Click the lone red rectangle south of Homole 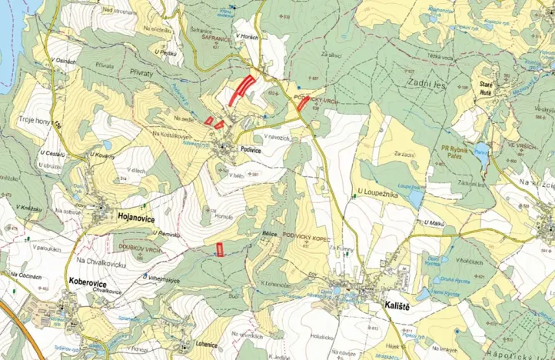(x=220, y=248)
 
